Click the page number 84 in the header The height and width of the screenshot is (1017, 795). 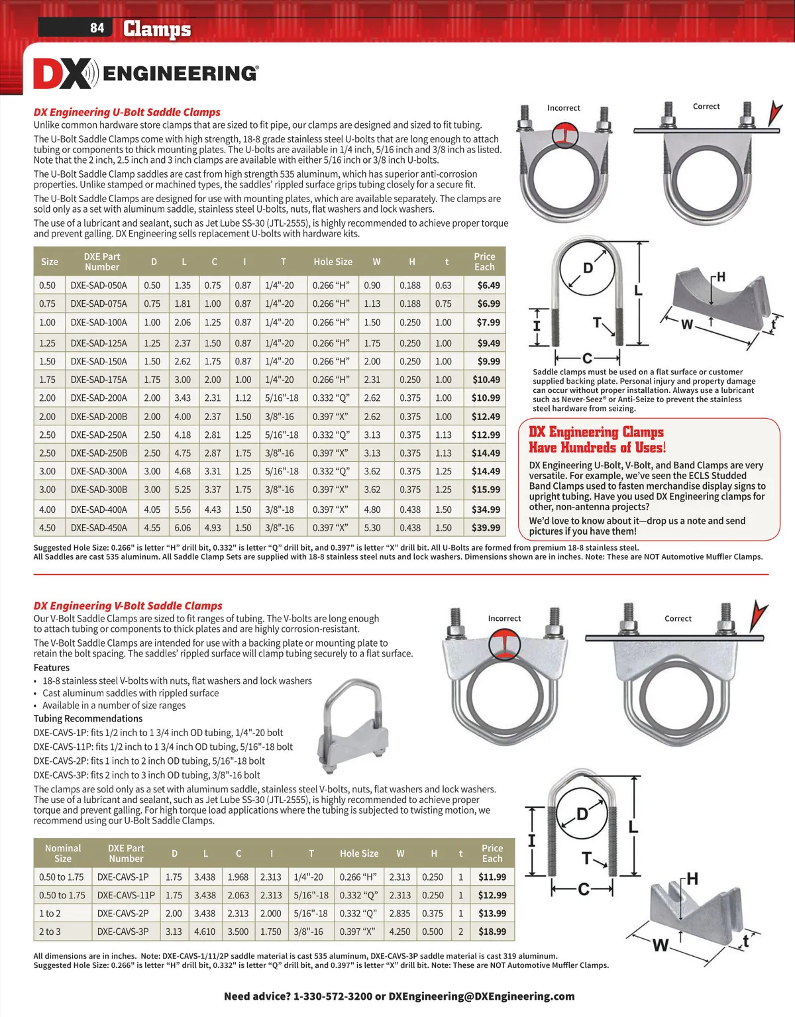pyautogui.click(x=97, y=28)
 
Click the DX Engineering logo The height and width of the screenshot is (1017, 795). pyautogui.click(x=146, y=74)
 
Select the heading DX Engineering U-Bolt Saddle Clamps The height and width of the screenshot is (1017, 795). pyautogui.click(x=127, y=112)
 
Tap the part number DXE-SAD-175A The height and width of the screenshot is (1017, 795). pyautogui.click(x=99, y=380)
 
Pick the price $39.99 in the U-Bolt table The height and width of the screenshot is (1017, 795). pyautogui.click(x=486, y=527)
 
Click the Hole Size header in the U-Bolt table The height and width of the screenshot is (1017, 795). pyautogui.click(x=333, y=262)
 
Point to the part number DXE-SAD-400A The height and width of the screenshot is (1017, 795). pyautogui.click(x=99, y=509)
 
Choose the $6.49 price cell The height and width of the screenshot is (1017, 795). pyautogui.click(x=488, y=285)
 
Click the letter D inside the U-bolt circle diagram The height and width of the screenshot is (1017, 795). pyautogui.click(x=588, y=268)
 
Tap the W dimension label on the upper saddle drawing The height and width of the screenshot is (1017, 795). pyautogui.click(x=686, y=324)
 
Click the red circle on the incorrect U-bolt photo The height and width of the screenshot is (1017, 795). pyautogui.click(x=564, y=136)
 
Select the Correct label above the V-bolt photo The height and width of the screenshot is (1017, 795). pyautogui.click(x=678, y=618)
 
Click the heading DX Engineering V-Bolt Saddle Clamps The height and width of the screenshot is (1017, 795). pyautogui.click(x=128, y=606)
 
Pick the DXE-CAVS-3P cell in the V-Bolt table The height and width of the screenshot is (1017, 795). pyautogui.click(x=123, y=931)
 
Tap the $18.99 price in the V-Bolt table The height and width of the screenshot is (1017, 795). pyautogui.click(x=492, y=931)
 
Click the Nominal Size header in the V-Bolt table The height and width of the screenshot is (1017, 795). pyautogui.click(x=63, y=853)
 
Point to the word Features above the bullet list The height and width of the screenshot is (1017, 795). pyautogui.click(x=52, y=668)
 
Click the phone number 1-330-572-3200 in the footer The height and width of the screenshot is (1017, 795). pyautogui.click(x=333, y=996)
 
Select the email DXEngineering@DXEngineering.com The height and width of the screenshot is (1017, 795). pyautogui.click(x=482, y=996)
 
